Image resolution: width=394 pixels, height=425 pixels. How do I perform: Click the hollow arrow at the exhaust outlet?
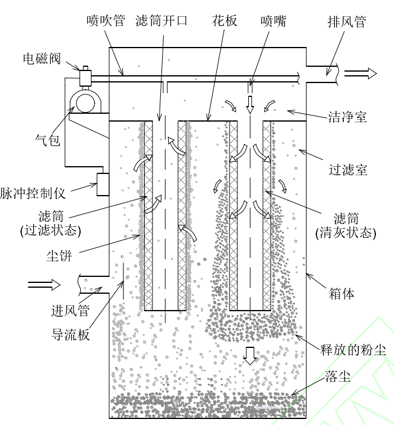click(x=361, y=73)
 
